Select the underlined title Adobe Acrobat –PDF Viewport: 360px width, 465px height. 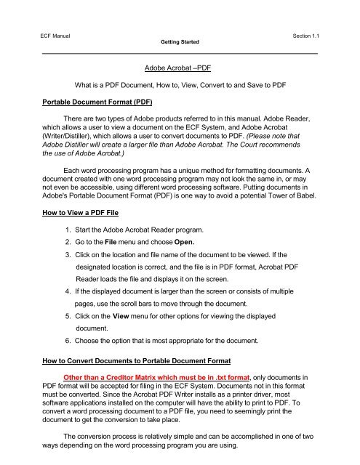(x=180, y=68)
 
